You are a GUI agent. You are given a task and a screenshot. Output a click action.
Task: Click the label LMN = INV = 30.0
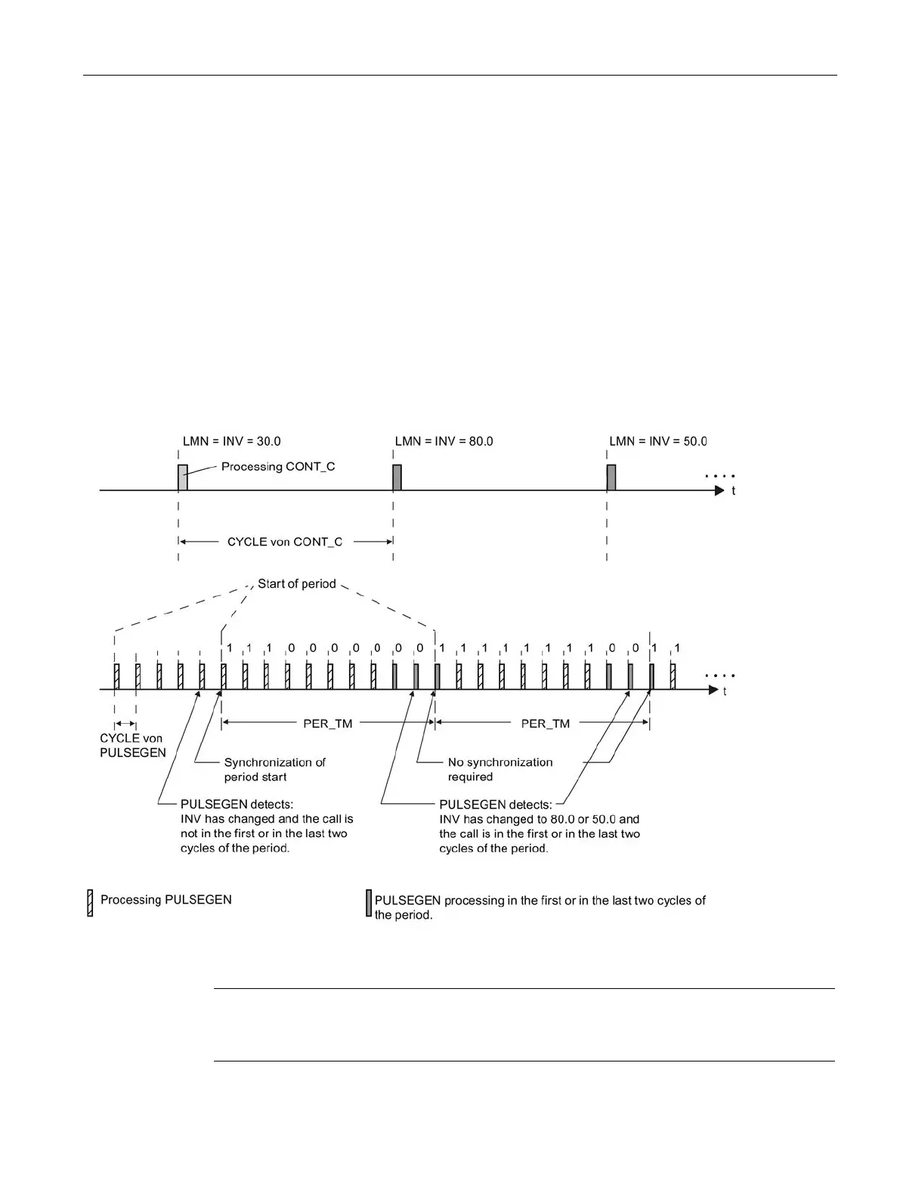[x=232, y=441]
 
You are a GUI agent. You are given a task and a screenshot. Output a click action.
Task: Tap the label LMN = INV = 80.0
[x=444, y=441]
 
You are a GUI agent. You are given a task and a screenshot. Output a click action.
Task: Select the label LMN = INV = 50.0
[x=657, y=441]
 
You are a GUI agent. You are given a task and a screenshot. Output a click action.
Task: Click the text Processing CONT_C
[x=278, y=466]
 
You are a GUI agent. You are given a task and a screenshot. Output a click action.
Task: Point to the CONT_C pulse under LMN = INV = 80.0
[x=397, y=477]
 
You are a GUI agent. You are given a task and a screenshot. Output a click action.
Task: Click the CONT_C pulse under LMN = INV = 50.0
[x=611, y=477]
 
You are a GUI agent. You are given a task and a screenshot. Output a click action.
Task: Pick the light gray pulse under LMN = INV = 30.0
[x=182, y=477]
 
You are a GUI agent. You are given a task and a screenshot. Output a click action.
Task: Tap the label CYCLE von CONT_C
[x=285, y=542]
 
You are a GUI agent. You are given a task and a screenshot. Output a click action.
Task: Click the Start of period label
[x=296, y=584]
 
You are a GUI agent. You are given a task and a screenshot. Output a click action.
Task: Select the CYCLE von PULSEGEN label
[x=132, y=745]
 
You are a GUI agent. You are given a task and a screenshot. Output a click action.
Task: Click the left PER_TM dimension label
[x=328, y=723]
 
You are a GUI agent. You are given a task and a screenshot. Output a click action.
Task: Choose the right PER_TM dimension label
[x=545, y=723]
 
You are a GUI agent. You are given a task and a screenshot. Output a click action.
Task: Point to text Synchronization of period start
[x=274, y=769]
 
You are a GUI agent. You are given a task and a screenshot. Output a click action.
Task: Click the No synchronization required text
[x=499, y=769]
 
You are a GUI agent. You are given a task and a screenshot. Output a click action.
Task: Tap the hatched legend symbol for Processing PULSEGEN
[x=90, y=903]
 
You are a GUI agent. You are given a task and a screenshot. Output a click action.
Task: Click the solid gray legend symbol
[x=369, y=903]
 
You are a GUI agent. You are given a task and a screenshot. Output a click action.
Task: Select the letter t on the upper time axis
[x=733, y=490]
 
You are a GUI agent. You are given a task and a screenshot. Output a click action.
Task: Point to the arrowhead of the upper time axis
[x=719, y=490]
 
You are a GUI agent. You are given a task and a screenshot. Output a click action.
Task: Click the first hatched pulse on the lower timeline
[x=116, y=676]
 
